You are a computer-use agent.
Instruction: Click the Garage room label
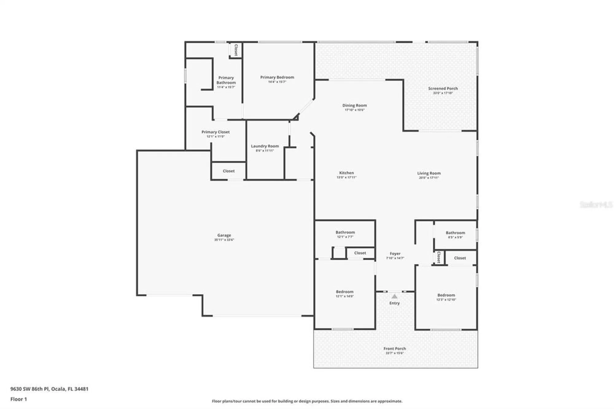(224, 235)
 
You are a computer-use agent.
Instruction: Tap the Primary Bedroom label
(277, 77)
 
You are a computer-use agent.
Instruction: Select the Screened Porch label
(443, 88)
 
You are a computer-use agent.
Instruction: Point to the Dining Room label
(354, 105)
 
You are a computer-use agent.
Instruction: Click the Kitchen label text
(346, 173)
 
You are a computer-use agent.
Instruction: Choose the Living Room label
(429, 173)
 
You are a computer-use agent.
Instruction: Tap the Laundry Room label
(265, 146)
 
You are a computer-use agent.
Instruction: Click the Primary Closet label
(216, 132)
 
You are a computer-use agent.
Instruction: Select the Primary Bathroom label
(226, 80)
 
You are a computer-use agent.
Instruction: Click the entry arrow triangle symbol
(394, 296)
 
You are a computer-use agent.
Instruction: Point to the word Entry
(394, 303)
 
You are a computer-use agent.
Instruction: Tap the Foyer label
(395, 254)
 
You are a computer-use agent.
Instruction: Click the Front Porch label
(394, 349)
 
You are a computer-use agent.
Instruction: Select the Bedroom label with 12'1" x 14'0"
(344, 292)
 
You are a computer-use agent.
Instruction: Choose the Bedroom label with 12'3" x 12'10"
(446, 295)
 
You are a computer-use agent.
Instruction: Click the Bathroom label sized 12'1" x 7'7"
(345, 232)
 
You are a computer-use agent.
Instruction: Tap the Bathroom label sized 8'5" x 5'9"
(455, 233)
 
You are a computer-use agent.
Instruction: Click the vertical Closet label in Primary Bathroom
(236, 50)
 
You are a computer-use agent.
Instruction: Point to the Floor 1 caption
(19, 399)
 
